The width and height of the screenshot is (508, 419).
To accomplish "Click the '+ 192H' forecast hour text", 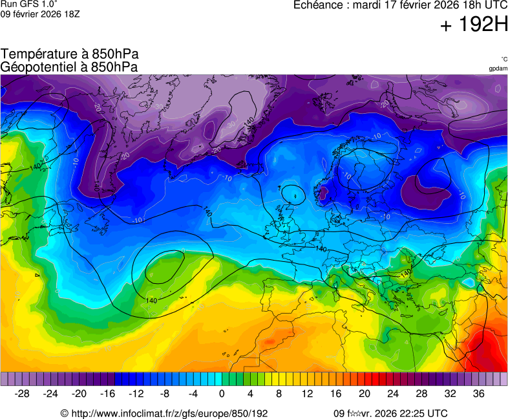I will pos(474,25).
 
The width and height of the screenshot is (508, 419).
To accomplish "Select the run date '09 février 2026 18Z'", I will pos(41,14).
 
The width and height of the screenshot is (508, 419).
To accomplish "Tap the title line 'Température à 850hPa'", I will pos(70,54).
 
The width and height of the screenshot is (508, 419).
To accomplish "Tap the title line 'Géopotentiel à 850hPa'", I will pos(70,67).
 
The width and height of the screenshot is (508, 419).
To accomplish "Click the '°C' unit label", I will pos(503,59).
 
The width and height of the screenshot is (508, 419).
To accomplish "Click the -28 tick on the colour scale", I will pos(22,394).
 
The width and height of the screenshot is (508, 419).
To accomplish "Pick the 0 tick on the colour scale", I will pos(222,394).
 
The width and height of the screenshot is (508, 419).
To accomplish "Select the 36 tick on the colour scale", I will pos(478,394).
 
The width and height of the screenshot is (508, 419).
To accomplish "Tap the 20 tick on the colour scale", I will pos(365,394).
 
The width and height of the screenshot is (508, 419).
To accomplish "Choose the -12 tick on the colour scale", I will pos(136,394).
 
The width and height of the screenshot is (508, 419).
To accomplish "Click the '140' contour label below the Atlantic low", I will pos(151,301).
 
